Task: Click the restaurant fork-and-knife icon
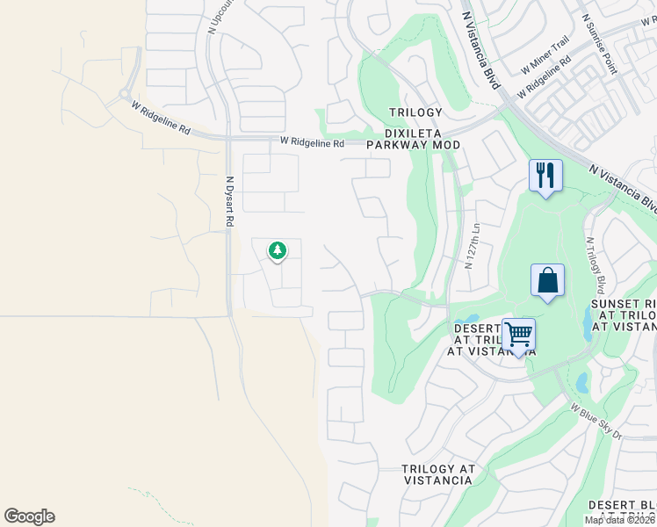pyautogui.click(x=545, y=176)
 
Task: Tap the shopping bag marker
pyautogui.click(x=547, y=281)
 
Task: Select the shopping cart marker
pyautogui.click(x=519, y=335)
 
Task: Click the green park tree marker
pyautogui.click(x=278, y=251)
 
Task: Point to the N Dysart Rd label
pyautogui.click(x=228, y=201)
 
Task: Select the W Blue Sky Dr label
pyautogui.click(x=596, y=422)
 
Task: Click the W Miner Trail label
pyautogui.click(x=545, y=54)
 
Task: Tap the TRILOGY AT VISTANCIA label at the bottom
pyautogui.click(x=437, y=474)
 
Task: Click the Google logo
pyautogui.click(x=29, y=516)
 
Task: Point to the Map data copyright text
pyautogui.click(x=619, y=520)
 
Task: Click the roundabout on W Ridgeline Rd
pyautogui.click(x=125, y=93)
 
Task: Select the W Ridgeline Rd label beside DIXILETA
pyautogui.click(x=313, y=141)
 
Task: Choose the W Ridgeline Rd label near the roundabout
pyautogui.click(x=161, y=117)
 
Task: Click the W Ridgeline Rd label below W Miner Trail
pyautogui.click(x=545, y=77)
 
